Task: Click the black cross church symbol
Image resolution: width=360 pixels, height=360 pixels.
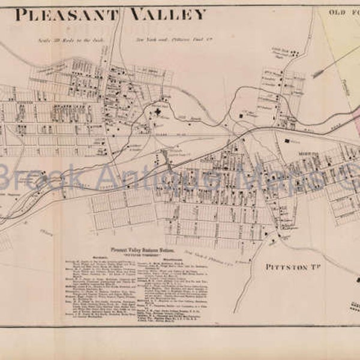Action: coord(158,112)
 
